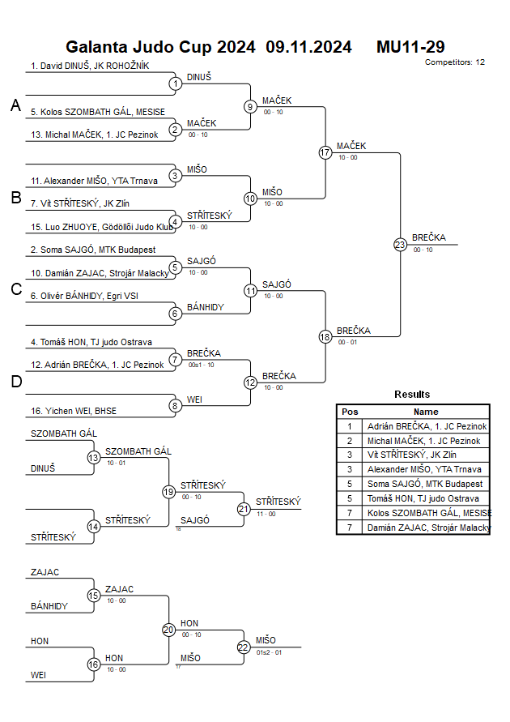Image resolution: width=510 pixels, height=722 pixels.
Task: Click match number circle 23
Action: [400, 244]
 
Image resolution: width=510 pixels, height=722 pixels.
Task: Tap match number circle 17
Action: [325, 152]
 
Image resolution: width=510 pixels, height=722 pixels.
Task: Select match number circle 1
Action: [175, 83]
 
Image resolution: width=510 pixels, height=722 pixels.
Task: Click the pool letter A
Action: [15, 105]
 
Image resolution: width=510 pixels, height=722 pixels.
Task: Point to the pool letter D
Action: [15, 382]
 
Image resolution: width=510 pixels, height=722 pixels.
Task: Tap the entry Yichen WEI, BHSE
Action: [74, 411]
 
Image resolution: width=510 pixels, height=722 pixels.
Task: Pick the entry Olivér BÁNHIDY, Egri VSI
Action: [84, 296]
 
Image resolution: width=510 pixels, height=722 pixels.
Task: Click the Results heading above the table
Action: [412, 395]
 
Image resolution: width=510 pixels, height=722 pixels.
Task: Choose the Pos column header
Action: [350, 412]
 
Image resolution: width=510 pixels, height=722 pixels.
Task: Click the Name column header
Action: [426, 412]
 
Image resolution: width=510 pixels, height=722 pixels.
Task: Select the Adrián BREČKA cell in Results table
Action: [427, 426]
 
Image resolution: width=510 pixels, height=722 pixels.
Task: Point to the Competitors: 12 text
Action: [455, 62]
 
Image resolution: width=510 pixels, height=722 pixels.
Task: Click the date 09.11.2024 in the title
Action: [308, 47]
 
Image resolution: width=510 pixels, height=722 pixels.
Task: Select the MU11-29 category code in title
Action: [410, 47]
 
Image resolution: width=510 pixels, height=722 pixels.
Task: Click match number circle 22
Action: [244, 647]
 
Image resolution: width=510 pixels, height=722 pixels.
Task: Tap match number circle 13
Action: [93, 457]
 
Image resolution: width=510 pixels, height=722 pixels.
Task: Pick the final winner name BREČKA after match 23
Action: [427, 237]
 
